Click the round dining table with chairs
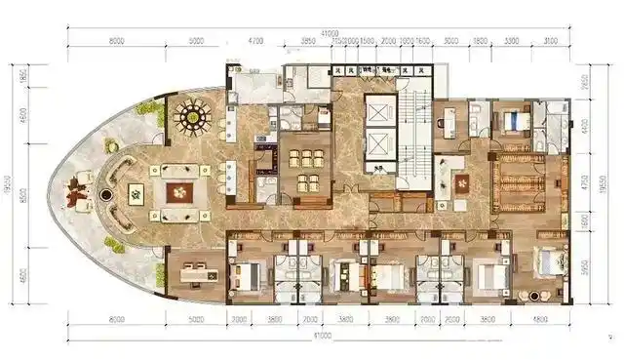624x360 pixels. pos(192,116)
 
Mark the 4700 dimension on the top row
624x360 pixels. pos(256,42)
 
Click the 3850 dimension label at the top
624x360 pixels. pos(307,42)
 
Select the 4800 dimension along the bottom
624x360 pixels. pos(539,319)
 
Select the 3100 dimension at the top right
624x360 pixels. pos(550,42)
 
